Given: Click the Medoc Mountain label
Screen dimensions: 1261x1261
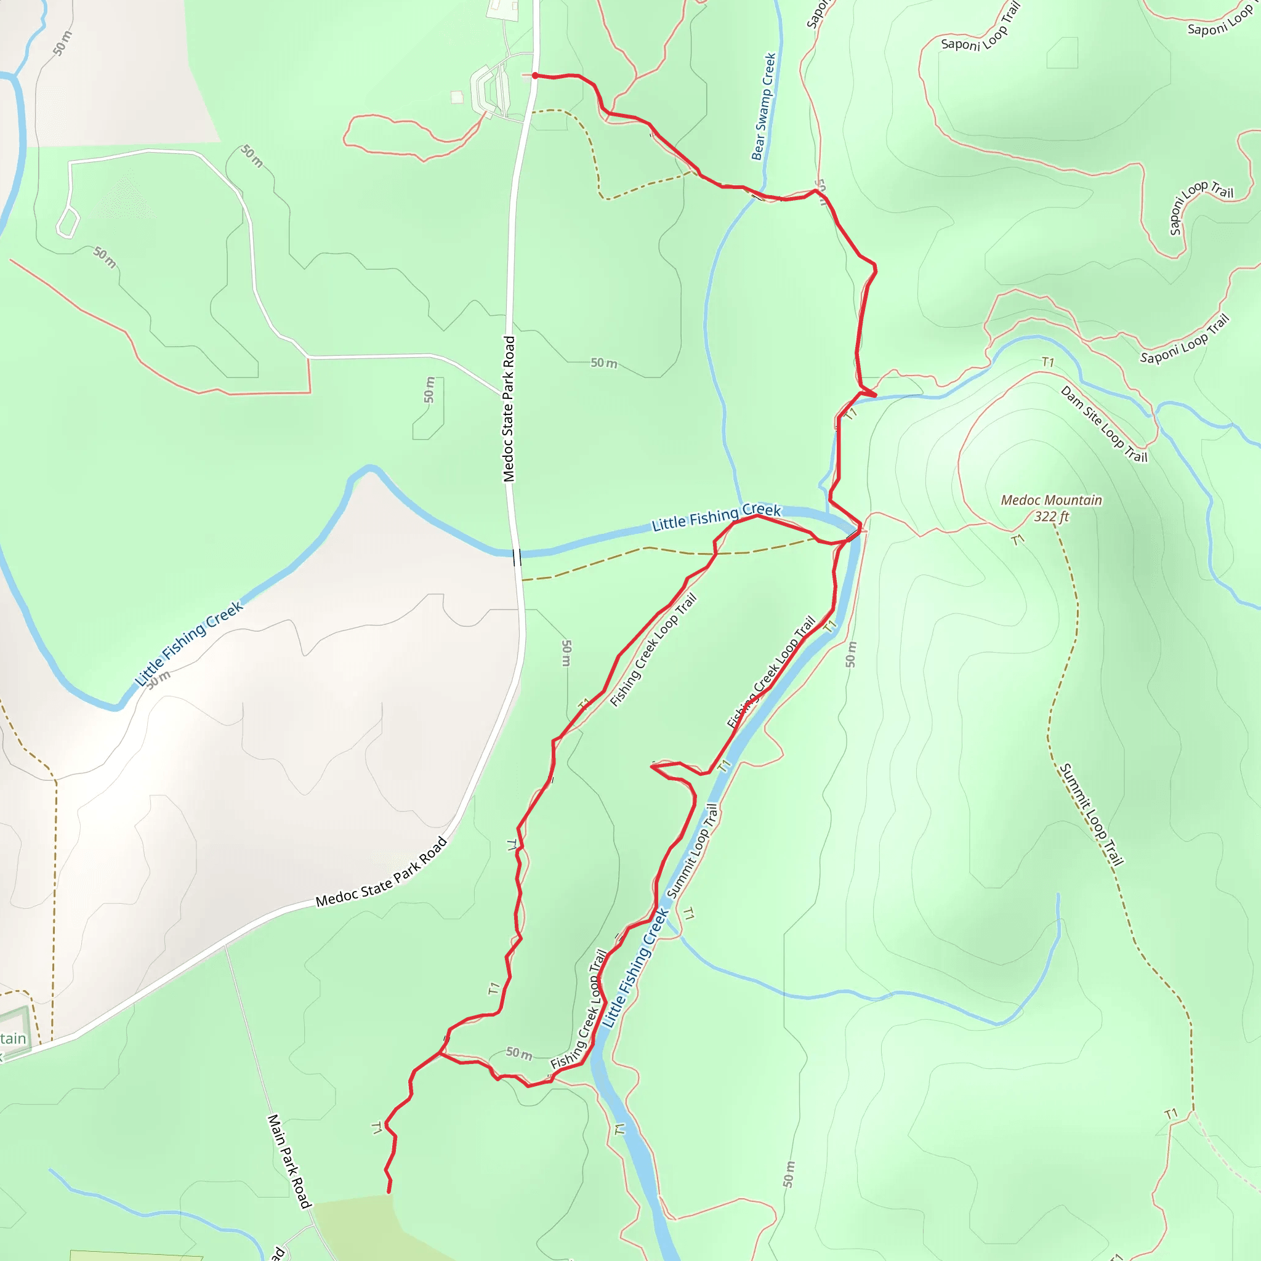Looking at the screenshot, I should (x=1051, y=500).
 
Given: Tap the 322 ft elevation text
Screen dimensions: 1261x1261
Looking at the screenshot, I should (x=1051, y=517).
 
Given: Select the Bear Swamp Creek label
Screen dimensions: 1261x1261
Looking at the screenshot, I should (x=763, y=107).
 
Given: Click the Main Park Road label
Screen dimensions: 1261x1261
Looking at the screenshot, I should (x=289, y=1161).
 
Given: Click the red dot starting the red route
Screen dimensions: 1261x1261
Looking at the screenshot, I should (x=535, y=76).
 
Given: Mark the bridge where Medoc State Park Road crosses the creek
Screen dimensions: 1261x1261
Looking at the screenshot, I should (x=517, y=557).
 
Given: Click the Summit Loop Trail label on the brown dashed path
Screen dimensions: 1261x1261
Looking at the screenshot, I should (x=1090, y=814).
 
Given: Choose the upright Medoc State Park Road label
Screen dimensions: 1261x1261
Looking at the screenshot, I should (x=509, y=409).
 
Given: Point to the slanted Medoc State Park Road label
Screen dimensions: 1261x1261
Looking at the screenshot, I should (x=382, y=872).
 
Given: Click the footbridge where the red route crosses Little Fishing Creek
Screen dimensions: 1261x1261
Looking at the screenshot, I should (x=852, y=534).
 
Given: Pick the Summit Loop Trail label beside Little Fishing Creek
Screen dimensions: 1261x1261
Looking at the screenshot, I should (x=693, y=850).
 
